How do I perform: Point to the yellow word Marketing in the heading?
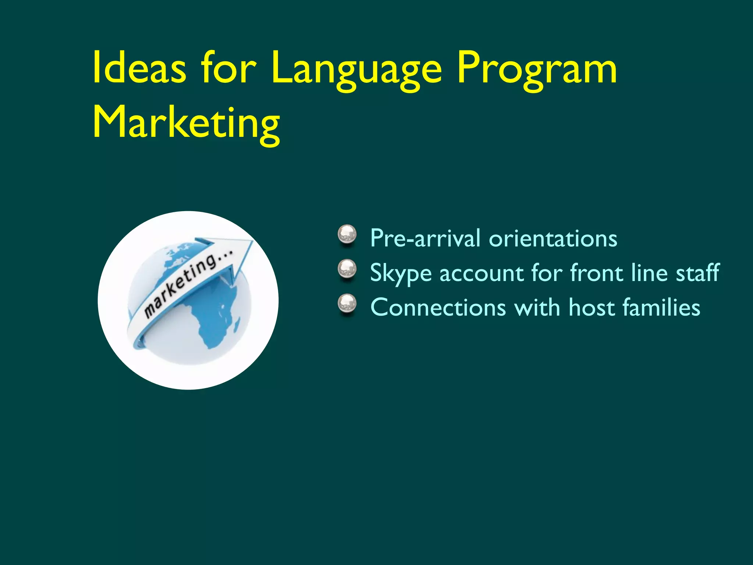186,123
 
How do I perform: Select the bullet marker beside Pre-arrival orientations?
347,235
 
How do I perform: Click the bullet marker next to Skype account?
347,269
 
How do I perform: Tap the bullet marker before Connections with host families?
347,304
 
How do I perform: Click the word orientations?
553,238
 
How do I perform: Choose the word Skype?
400,274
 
